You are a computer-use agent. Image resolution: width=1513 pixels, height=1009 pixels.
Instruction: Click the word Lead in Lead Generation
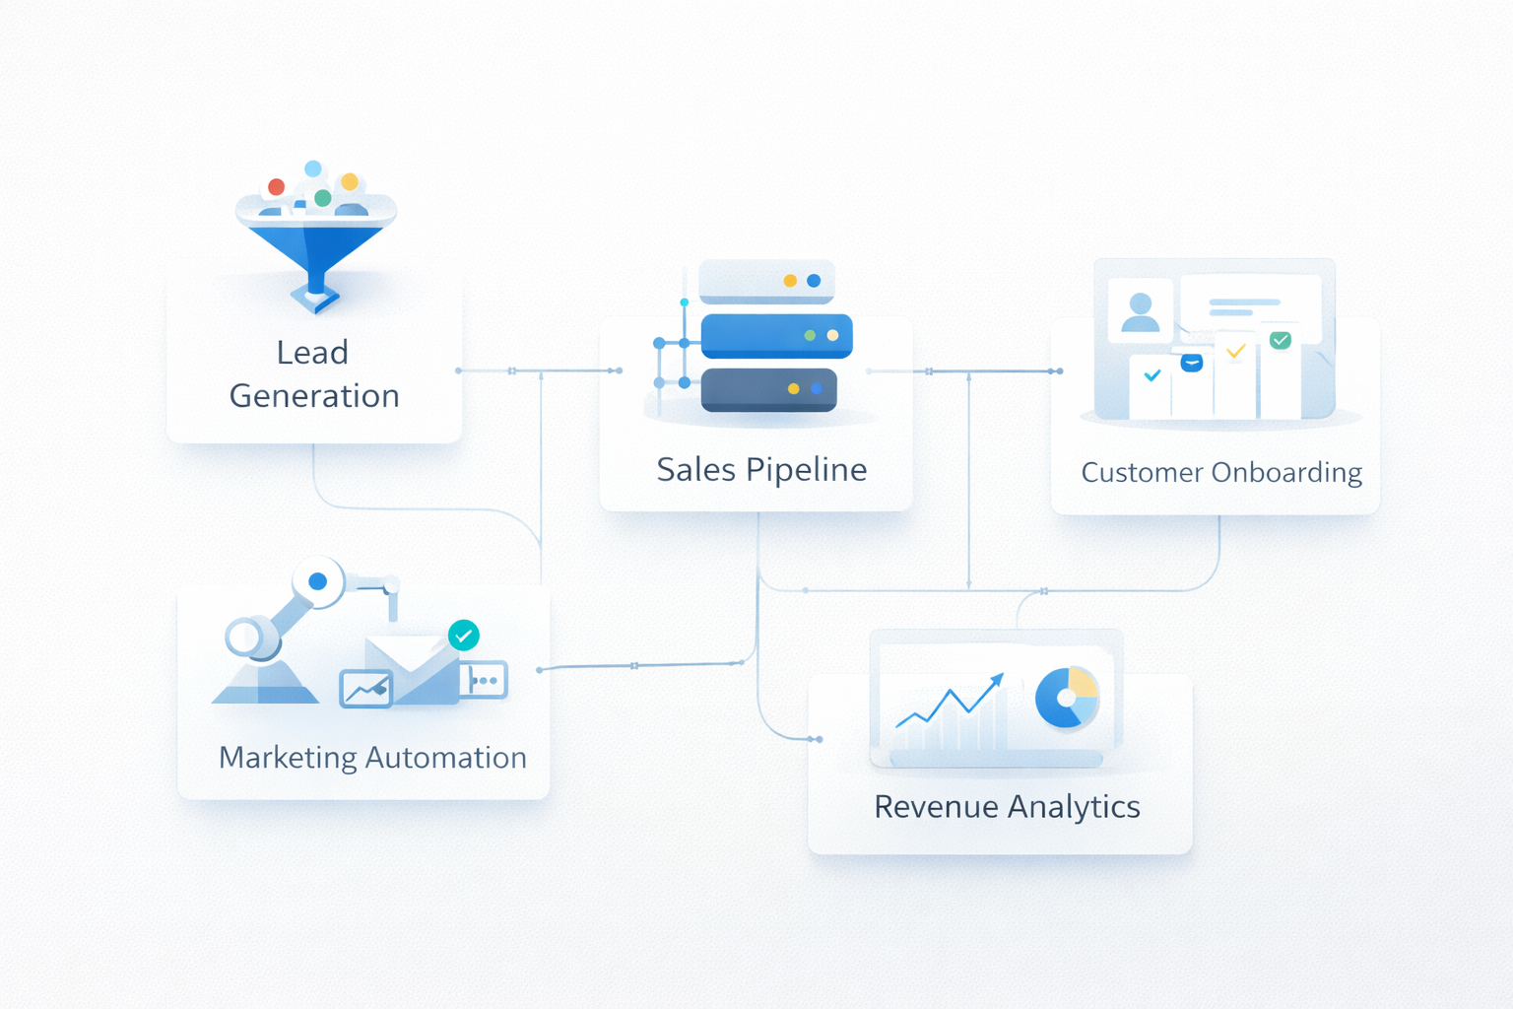click(x=312, y=353)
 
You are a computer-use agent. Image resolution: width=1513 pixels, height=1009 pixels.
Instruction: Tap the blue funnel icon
click(x=315, y=252)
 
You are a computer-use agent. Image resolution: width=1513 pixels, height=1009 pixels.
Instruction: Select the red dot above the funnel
click(x=277, y=187)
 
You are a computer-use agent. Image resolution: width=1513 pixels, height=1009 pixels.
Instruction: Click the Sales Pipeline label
click(x=761, y=470)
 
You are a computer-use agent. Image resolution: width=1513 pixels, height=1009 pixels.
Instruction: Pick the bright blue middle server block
click(x=776, y=336)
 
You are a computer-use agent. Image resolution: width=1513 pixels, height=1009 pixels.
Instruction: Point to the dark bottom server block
click(x=768, y=389)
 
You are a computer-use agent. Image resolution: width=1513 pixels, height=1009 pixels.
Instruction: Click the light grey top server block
click(x=766, y=282)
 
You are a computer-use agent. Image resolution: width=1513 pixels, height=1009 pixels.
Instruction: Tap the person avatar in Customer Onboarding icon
click(x=1141, y=311)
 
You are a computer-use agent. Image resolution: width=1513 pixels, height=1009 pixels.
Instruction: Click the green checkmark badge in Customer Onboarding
click(x=1281, y=340)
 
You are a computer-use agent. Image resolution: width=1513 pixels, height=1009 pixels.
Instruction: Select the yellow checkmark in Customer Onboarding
click(x=1236, y=351)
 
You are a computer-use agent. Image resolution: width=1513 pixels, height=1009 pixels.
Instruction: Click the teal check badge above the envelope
click(x=464, y=636)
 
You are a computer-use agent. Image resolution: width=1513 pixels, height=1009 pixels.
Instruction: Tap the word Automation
click(x=446, y=758)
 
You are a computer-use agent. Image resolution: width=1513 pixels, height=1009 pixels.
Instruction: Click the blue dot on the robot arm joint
click(x=318, y=581)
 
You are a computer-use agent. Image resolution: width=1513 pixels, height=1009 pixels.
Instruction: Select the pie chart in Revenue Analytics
click(x=1067, y=698)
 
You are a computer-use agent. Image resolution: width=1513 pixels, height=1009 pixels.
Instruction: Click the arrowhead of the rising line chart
click(x=998, y=679)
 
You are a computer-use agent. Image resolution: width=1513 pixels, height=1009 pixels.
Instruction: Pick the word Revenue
click(x=936, y=807)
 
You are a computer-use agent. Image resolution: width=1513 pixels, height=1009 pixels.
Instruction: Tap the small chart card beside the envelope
click(x=365, y=689)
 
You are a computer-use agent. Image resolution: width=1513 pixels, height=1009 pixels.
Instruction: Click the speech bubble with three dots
click(x=484, y=680)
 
